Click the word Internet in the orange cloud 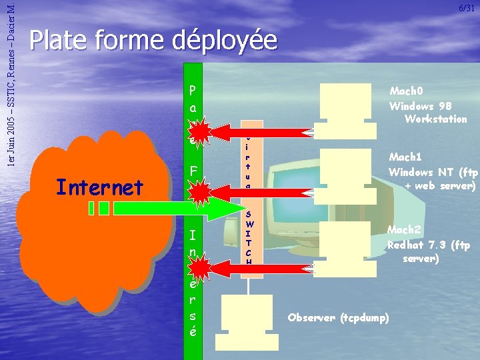[100, 187]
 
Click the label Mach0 [406, 91]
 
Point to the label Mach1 [405, 157]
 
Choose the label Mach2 [403, 230]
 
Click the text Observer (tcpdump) [338, 317]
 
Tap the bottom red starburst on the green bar [199, 264]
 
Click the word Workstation [435, 119]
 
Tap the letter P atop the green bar [193, 89]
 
